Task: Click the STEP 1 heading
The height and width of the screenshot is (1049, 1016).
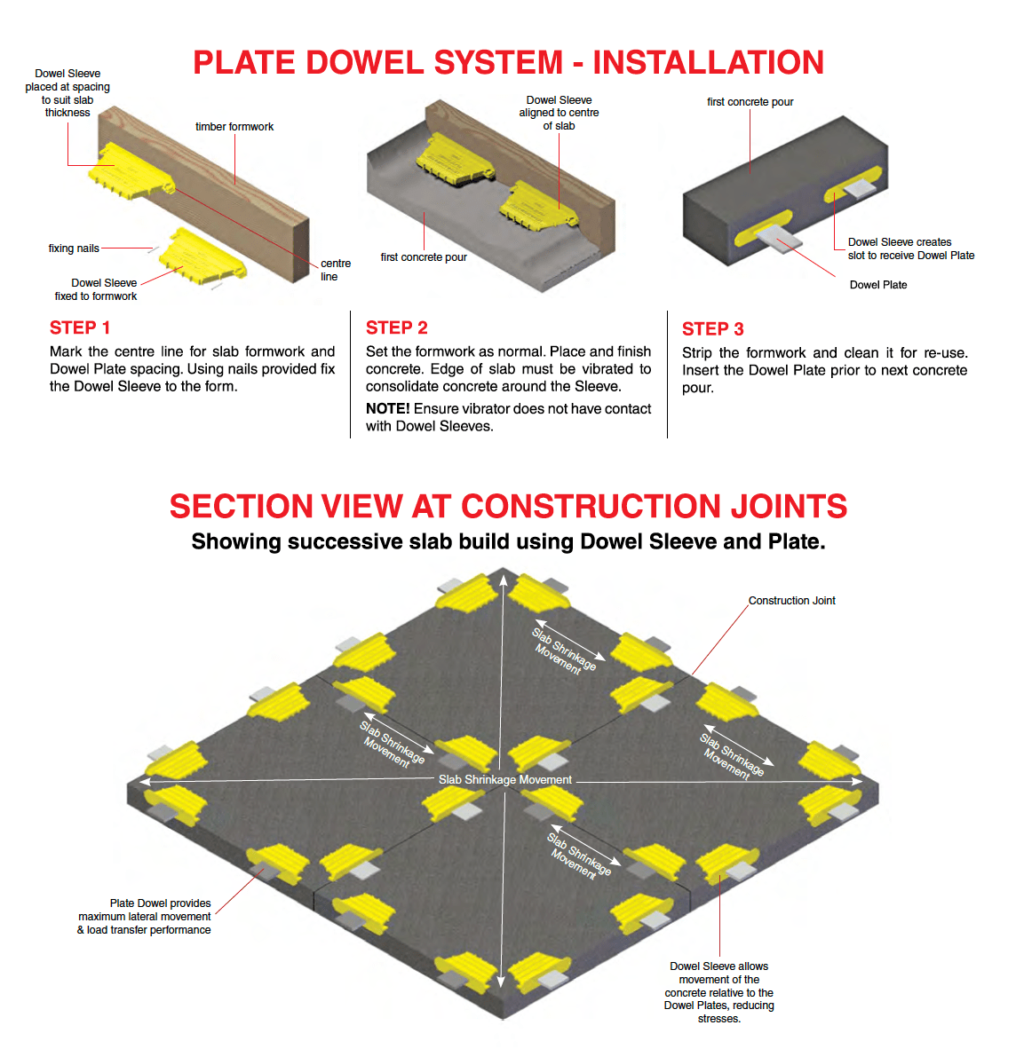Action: (x=80, y=327)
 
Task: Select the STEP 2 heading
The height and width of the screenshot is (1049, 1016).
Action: (x=396, y=327)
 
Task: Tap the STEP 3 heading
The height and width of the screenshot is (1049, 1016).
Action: (x=712, y=328)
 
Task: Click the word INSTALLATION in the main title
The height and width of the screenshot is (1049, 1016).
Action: (x=708, y=63)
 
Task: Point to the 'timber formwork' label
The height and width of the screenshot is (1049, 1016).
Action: (x=234, y=127)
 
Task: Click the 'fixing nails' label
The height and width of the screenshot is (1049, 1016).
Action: (x=74, y=248)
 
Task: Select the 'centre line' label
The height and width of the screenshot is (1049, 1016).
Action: (x=335, y=270)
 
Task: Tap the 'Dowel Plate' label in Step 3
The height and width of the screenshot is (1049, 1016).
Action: (x=877, y=285)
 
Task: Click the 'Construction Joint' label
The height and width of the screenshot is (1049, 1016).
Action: (x=791, y=601)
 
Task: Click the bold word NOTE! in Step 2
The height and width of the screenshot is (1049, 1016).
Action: (x=387, y=408)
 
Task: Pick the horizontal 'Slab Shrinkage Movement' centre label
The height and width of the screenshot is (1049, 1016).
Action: (x=504, y=779)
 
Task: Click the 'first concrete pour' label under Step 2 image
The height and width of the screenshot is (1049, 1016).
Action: (x=424, y=257)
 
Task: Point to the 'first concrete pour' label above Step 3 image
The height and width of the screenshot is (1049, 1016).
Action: (x=750, y=102)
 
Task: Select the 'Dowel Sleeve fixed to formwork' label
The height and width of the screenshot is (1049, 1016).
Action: (x=96, y=289)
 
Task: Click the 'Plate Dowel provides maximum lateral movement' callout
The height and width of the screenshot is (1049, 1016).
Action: (x=145, y=916)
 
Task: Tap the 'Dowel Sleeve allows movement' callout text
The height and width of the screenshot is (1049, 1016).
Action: (x=718, y=992)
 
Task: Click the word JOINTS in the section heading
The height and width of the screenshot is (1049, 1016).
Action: (x=788, y=506)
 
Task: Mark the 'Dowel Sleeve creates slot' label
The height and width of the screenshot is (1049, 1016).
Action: (x=910, y=248)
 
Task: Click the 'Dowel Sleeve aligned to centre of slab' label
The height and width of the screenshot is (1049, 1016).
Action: (x=559, y=113)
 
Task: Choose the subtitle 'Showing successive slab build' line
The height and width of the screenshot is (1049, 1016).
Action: (x=508, y=541)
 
